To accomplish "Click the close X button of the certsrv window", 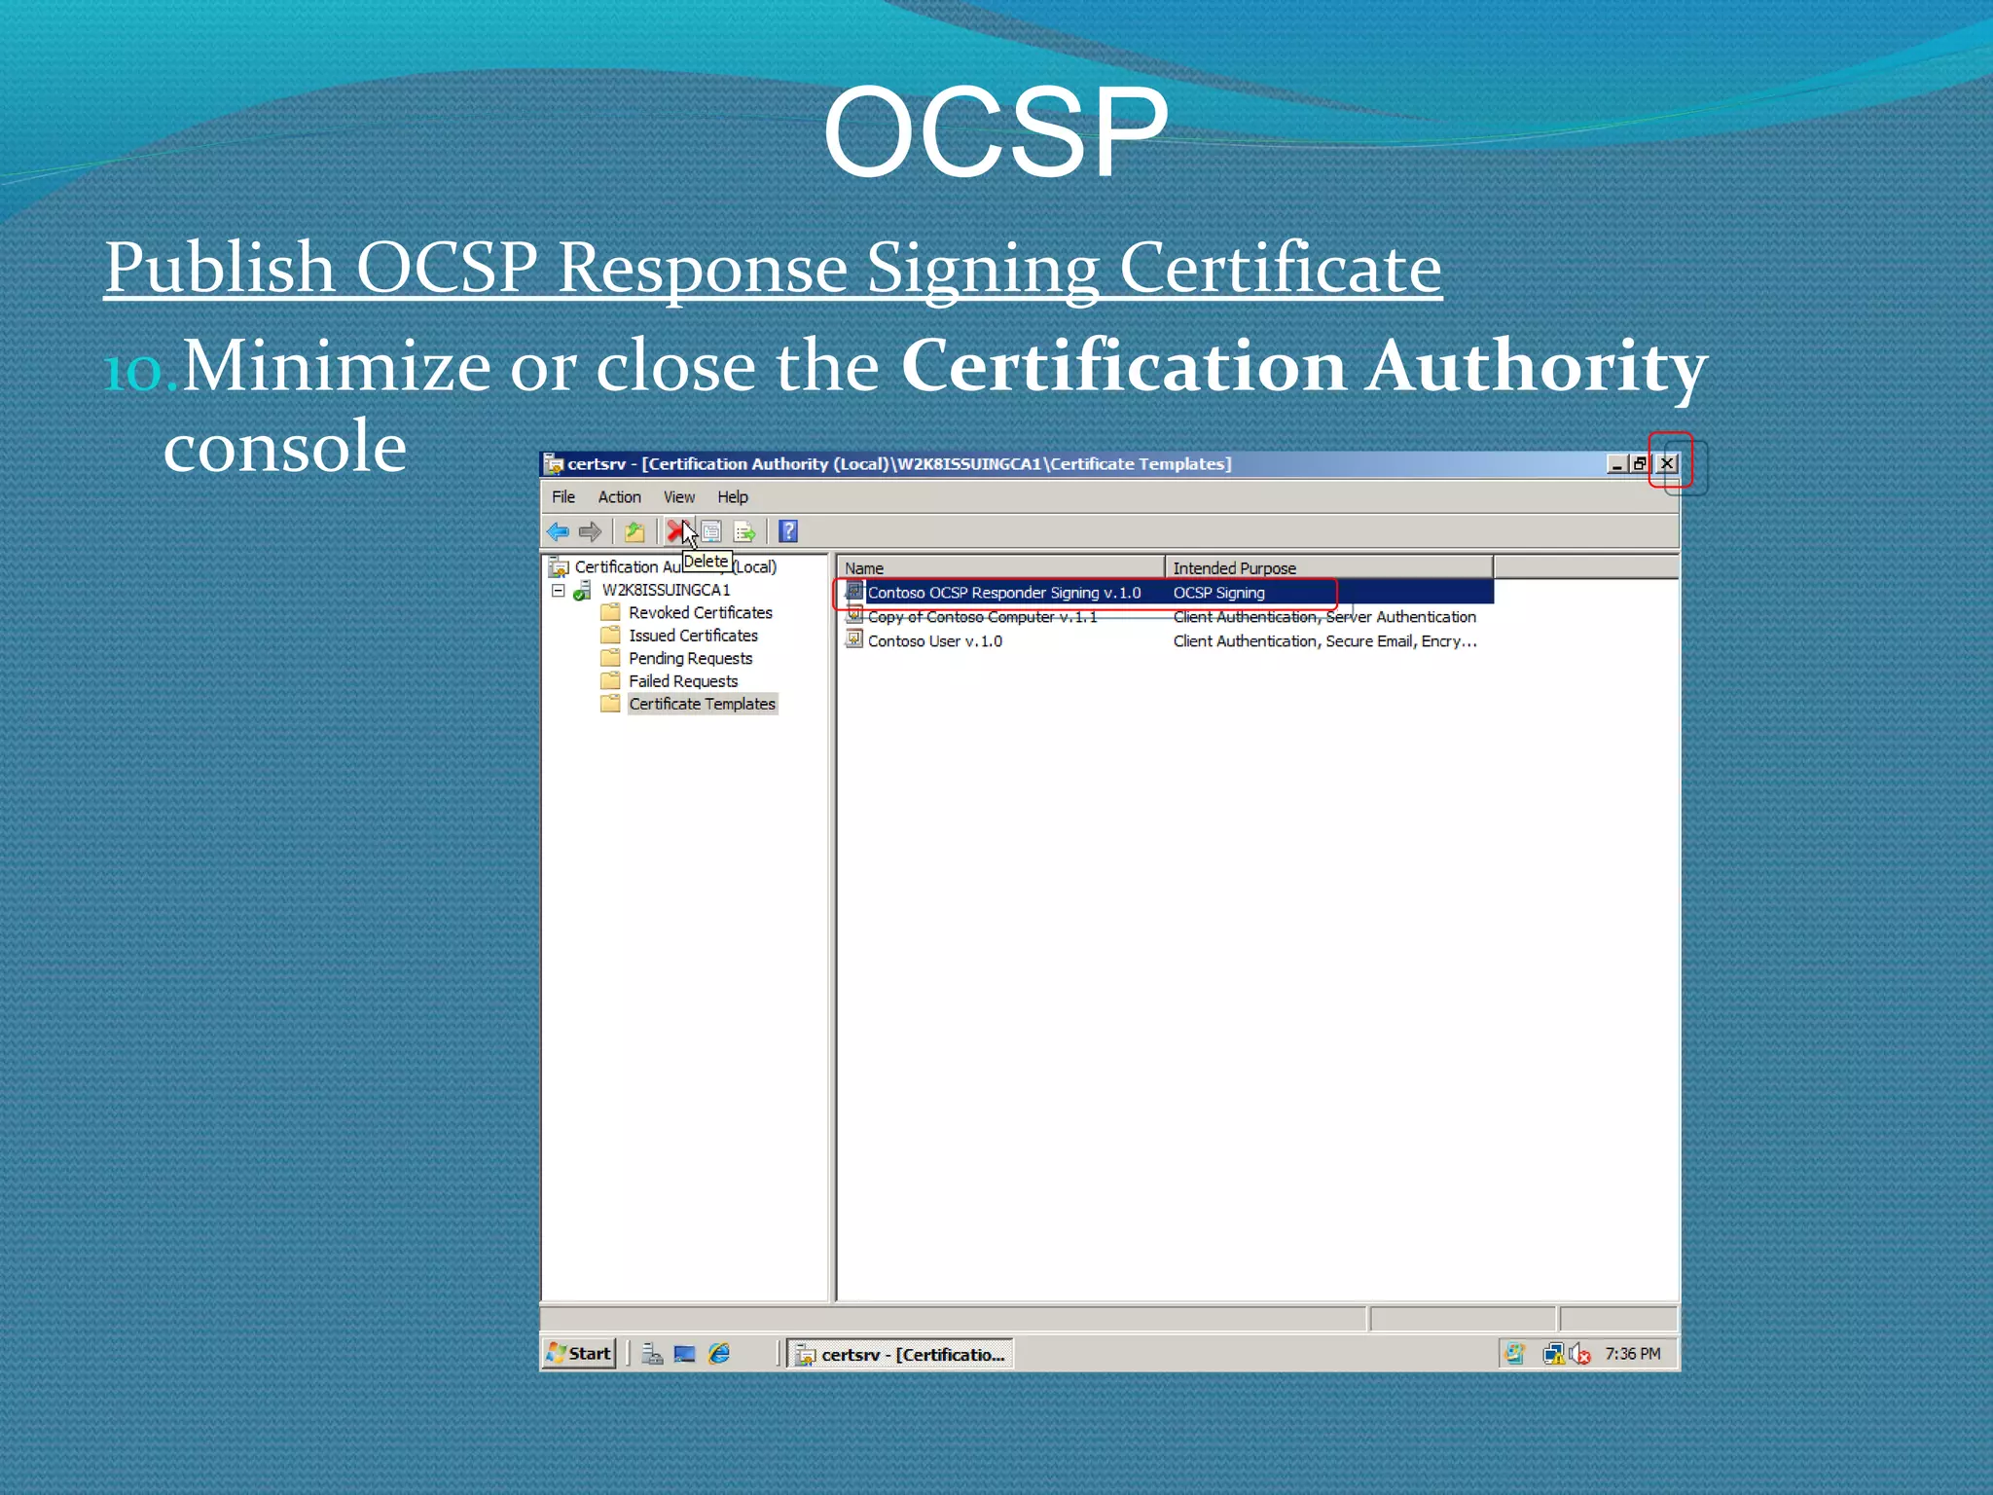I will point(1667,463).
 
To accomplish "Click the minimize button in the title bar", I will point(1616,463).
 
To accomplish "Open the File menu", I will point(563,496).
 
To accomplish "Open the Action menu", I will point(619,496).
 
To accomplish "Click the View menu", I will point(678,496).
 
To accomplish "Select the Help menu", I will point(733,496).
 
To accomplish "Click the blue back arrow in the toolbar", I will point(558,531).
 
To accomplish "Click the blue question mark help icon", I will point(788,531).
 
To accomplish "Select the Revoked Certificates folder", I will point(700,612).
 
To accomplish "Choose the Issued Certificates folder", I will point(693,636).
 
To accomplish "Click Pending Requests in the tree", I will point(690,658).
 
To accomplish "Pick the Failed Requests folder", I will point(682,681).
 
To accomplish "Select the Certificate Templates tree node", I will point(702,704).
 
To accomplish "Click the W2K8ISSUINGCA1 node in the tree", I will point(666,590).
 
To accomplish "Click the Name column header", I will point(1000,567).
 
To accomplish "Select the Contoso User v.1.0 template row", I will point(934,640).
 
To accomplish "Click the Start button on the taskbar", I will point(579,1353).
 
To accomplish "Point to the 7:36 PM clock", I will point(1632,1353).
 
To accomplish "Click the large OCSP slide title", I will point(995,131).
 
